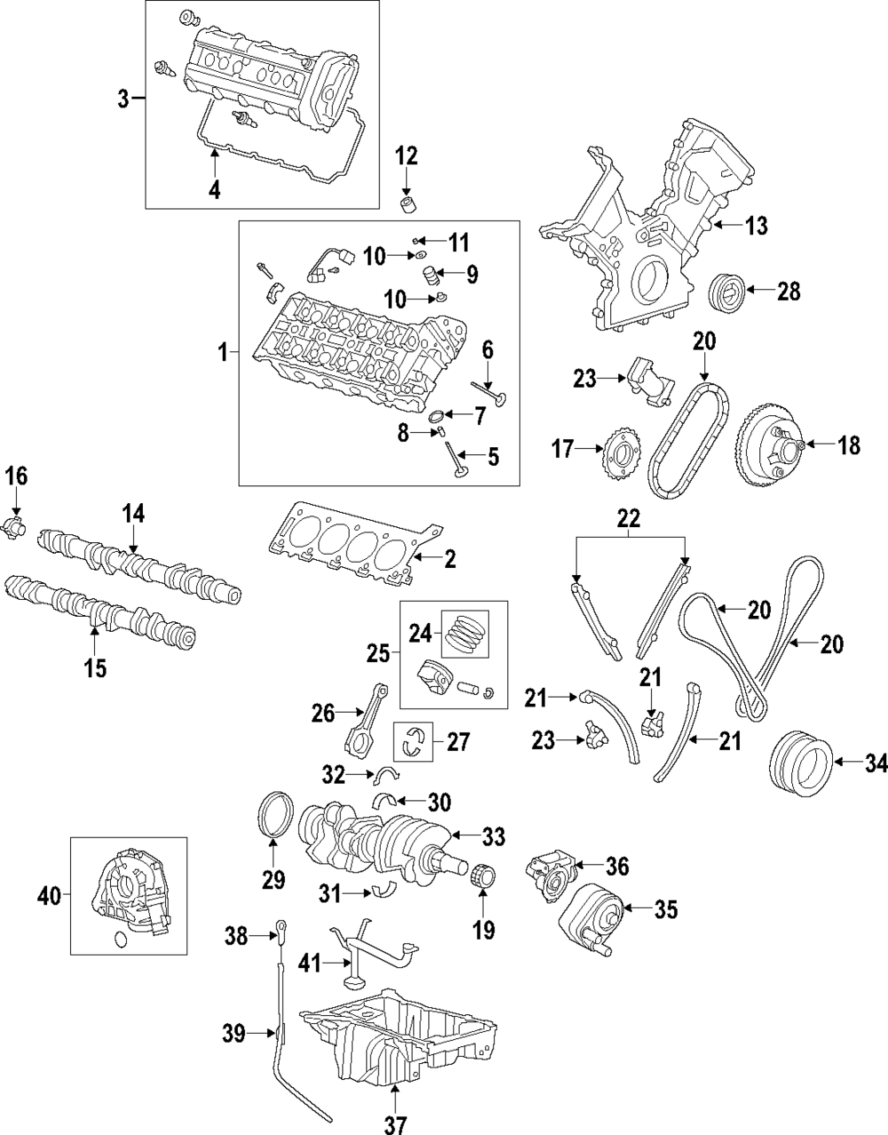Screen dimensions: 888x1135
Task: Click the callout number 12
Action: pyautogui.click(x=407, y=157)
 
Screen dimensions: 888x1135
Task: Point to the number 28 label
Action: pyautogui.click(x=789, y=292)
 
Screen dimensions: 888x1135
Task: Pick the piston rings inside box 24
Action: pyautogui.click(x=465, y=633)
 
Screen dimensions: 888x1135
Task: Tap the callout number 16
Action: pyautogui.click(x=16, y=477)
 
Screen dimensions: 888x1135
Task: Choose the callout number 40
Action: pyautogui.click(x=49, y=898)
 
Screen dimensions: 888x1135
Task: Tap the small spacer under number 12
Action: pyautogui.click(x=407, y=204)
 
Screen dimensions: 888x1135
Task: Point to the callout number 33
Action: pyautogui.click(x=494, y=836)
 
